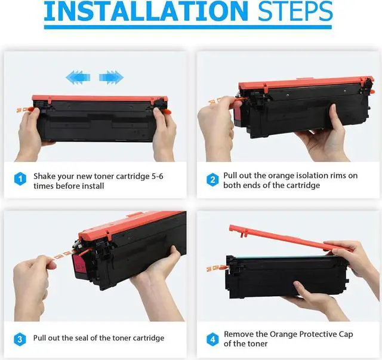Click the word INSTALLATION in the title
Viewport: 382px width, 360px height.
146,11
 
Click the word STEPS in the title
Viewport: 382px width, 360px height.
295,11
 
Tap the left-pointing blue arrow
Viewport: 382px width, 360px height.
78,78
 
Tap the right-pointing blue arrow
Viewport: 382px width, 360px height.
112,78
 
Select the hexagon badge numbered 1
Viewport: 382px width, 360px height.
20,179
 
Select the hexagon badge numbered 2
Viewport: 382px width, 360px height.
212,180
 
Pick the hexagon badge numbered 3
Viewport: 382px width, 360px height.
20,339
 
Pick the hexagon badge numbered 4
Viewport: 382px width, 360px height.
212,339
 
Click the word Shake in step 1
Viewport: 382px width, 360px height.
44,176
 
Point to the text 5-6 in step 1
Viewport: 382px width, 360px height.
158,176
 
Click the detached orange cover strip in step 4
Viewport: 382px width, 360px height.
289,237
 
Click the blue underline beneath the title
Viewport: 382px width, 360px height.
188,27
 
